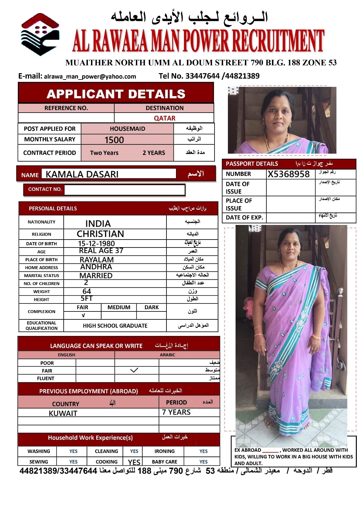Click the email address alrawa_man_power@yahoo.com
[x=90, y=76]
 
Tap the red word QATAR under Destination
[x=165, y=118]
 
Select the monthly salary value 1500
[x=114, y=140]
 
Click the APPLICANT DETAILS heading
[x=116, y=94]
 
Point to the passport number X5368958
[x=289, y=174]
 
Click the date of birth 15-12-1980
[x=96, y=244]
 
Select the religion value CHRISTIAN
[x=100, y=234]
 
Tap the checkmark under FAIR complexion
[x=83, y=315]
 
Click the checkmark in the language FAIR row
[x=134, y=370]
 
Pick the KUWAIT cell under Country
[x=63, y=413]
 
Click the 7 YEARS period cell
[x=176, y=412]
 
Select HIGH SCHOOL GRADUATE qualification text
[x=115, y=326]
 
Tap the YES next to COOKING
[x=134, y=462]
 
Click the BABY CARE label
[x=165, y=462]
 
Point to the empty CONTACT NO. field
[x=124, y=190]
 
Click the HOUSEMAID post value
[x=127, y=129]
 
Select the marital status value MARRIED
[x=96, y=275]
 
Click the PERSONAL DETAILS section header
[x=53, y=209]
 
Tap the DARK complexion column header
[x=152, y=307]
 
